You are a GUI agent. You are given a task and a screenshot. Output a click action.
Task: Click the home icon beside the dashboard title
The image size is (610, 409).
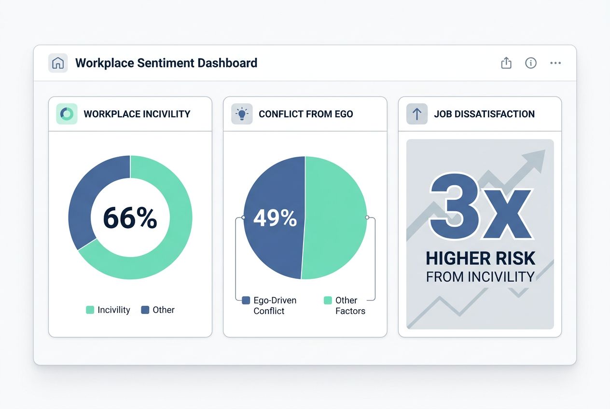tap(57, 63)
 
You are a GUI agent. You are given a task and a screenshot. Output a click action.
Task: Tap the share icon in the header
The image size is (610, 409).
tap(506, 63)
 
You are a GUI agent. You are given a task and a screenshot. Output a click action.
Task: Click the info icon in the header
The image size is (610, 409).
tap(531, 63)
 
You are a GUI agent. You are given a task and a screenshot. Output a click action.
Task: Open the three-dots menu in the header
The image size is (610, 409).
tap(555, 63)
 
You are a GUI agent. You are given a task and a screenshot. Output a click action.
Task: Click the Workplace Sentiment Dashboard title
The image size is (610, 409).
tap(166, 63)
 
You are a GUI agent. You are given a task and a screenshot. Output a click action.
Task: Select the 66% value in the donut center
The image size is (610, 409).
tap(130, 218)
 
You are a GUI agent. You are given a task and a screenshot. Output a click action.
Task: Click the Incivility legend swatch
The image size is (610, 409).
tap(90, 310)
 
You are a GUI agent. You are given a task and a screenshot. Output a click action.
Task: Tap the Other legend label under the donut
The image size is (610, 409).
tap(164, 310)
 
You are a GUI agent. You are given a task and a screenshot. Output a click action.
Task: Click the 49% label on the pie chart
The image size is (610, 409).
tap(275, 218)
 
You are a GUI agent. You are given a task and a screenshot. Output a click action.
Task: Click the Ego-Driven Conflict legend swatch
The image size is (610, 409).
tap(246, 300)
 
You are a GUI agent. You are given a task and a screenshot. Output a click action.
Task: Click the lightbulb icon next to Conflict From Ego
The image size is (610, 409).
tap(241, 114)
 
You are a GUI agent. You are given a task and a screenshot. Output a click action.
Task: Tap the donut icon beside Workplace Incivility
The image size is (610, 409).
tap(67, 114)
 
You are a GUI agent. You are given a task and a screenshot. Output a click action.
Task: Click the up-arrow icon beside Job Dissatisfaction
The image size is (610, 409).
tap(416, 114)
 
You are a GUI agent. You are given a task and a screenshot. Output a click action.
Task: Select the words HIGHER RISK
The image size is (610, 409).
tap(480, 259)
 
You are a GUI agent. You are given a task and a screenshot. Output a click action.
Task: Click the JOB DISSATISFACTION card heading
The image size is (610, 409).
tap(484, 114)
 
